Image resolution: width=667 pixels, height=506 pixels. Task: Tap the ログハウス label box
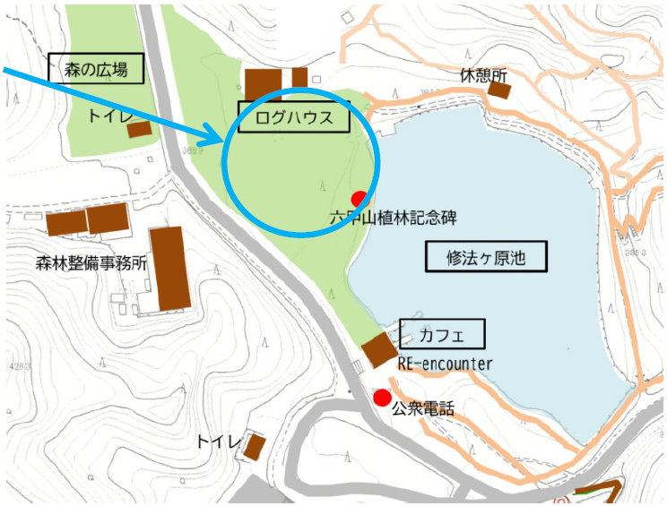[x=293, y=117]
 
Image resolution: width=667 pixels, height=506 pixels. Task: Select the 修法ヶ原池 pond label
[x=485, y=258]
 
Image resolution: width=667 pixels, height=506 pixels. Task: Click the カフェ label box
[x=442, y=334]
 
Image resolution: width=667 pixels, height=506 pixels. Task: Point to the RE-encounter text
[x=445, y=364]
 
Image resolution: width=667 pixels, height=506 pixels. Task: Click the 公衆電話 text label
[x=423, y=409]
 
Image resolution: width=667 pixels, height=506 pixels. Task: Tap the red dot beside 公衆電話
[x=383, y=397]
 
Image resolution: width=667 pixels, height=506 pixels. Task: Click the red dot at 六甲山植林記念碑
[x=359, y=198]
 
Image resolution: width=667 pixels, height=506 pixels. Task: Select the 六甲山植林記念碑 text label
[x=394, y=217]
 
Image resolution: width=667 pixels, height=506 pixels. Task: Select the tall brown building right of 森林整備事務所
[x=169, y=268]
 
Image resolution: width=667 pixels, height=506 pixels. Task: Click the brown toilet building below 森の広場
[x=140, y=130]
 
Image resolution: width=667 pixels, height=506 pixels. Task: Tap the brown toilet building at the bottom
[x=256, y=445]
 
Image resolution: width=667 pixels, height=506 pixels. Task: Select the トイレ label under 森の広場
[x=108, y=116]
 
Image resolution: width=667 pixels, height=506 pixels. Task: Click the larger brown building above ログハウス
[x=264, y=83]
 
